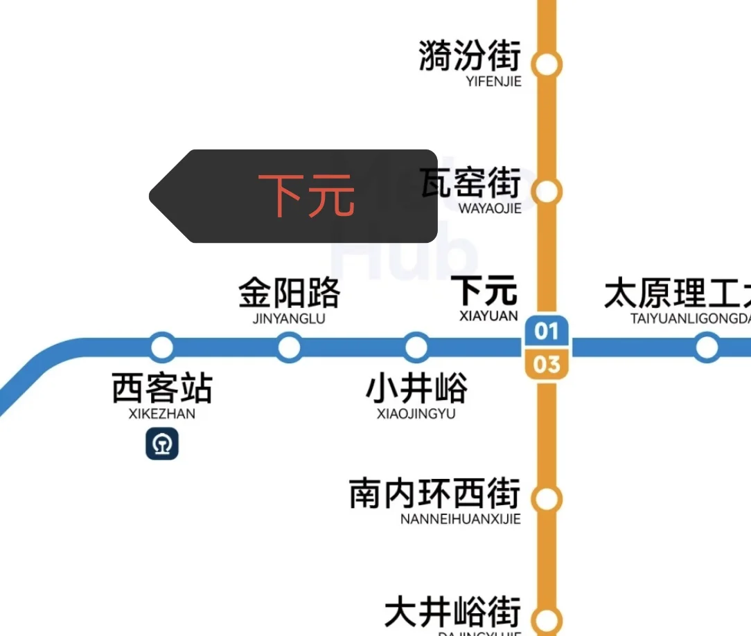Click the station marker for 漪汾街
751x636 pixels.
[x=547, y=64]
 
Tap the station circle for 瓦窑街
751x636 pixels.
[x=547, y=191]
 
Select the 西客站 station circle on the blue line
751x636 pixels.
[x=162, y=347]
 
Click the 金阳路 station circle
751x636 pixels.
[x=289, y=347]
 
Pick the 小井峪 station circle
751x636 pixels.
[x=416, y=347]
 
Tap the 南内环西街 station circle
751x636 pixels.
[x=547, y=498]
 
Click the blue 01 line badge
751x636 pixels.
[x=547, y=331]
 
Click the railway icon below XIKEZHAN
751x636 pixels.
[x=162, y=444]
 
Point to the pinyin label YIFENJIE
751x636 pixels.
[x=494, y=82]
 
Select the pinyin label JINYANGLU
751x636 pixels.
[x=289, y=319]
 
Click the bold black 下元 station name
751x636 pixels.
[x=485, y=291]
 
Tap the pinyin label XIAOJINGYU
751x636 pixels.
[x=416, y=414]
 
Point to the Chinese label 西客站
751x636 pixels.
[x=162, y=389]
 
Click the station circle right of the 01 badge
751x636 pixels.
[x=707, y=347]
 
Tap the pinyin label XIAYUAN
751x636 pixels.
[x=488, y=316]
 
